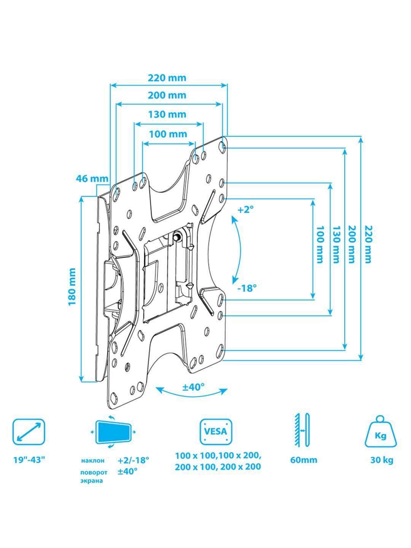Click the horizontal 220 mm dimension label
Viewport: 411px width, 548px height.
point(167,78)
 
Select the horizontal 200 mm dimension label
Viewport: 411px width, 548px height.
point(167,95)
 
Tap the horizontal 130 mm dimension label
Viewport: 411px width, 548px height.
point(167,114)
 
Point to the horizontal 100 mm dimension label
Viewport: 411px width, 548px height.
point(168,134)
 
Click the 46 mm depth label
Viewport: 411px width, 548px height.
point(92,178)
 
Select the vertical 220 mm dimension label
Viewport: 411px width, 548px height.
point(368,244)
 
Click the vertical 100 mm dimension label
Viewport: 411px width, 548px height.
point(320,245)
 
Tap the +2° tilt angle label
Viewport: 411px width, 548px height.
point(245,209)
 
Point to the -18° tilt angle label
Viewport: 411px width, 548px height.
point(247,288)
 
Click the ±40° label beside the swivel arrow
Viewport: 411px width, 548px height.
point(193,387)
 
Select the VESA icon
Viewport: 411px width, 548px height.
point(216,432)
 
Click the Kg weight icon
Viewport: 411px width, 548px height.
point(381,432)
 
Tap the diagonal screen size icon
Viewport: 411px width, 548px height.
point(29,432)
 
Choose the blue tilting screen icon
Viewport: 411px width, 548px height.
point(113,432)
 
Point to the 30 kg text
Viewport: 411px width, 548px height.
point(382,460)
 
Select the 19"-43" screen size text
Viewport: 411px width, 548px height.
point(29,460)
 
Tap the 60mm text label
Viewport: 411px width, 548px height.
point(303,460)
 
